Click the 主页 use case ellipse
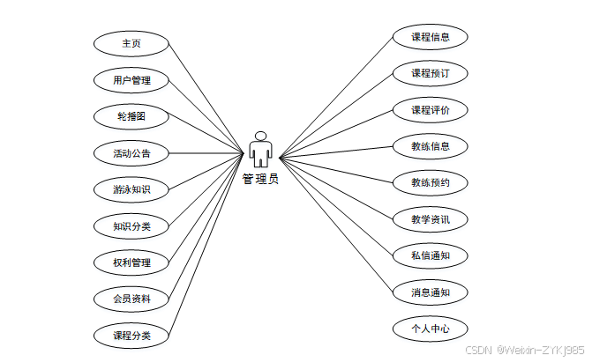pos(131,43)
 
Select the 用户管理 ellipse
pos(131,80)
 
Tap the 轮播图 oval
pos(131,116)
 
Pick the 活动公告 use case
pos(131,153)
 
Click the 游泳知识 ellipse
pos(131,189)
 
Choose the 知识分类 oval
pos(131,226)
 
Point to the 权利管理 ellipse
pos(131,262)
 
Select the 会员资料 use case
pos(131,299)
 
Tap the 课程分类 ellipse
pos(131,336)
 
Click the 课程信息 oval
pos(430,37)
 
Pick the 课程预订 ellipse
pos(430,73)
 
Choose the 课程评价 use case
pos(430,110)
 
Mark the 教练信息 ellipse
pos(430,146)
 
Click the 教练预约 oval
pos(430,183)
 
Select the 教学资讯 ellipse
pos(430,219)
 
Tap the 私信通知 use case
pos(430,256)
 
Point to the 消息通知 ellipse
pos(430,292)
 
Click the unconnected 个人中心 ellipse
pos(430,329)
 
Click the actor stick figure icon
pos(260,150)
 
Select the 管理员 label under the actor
pos(260,179)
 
